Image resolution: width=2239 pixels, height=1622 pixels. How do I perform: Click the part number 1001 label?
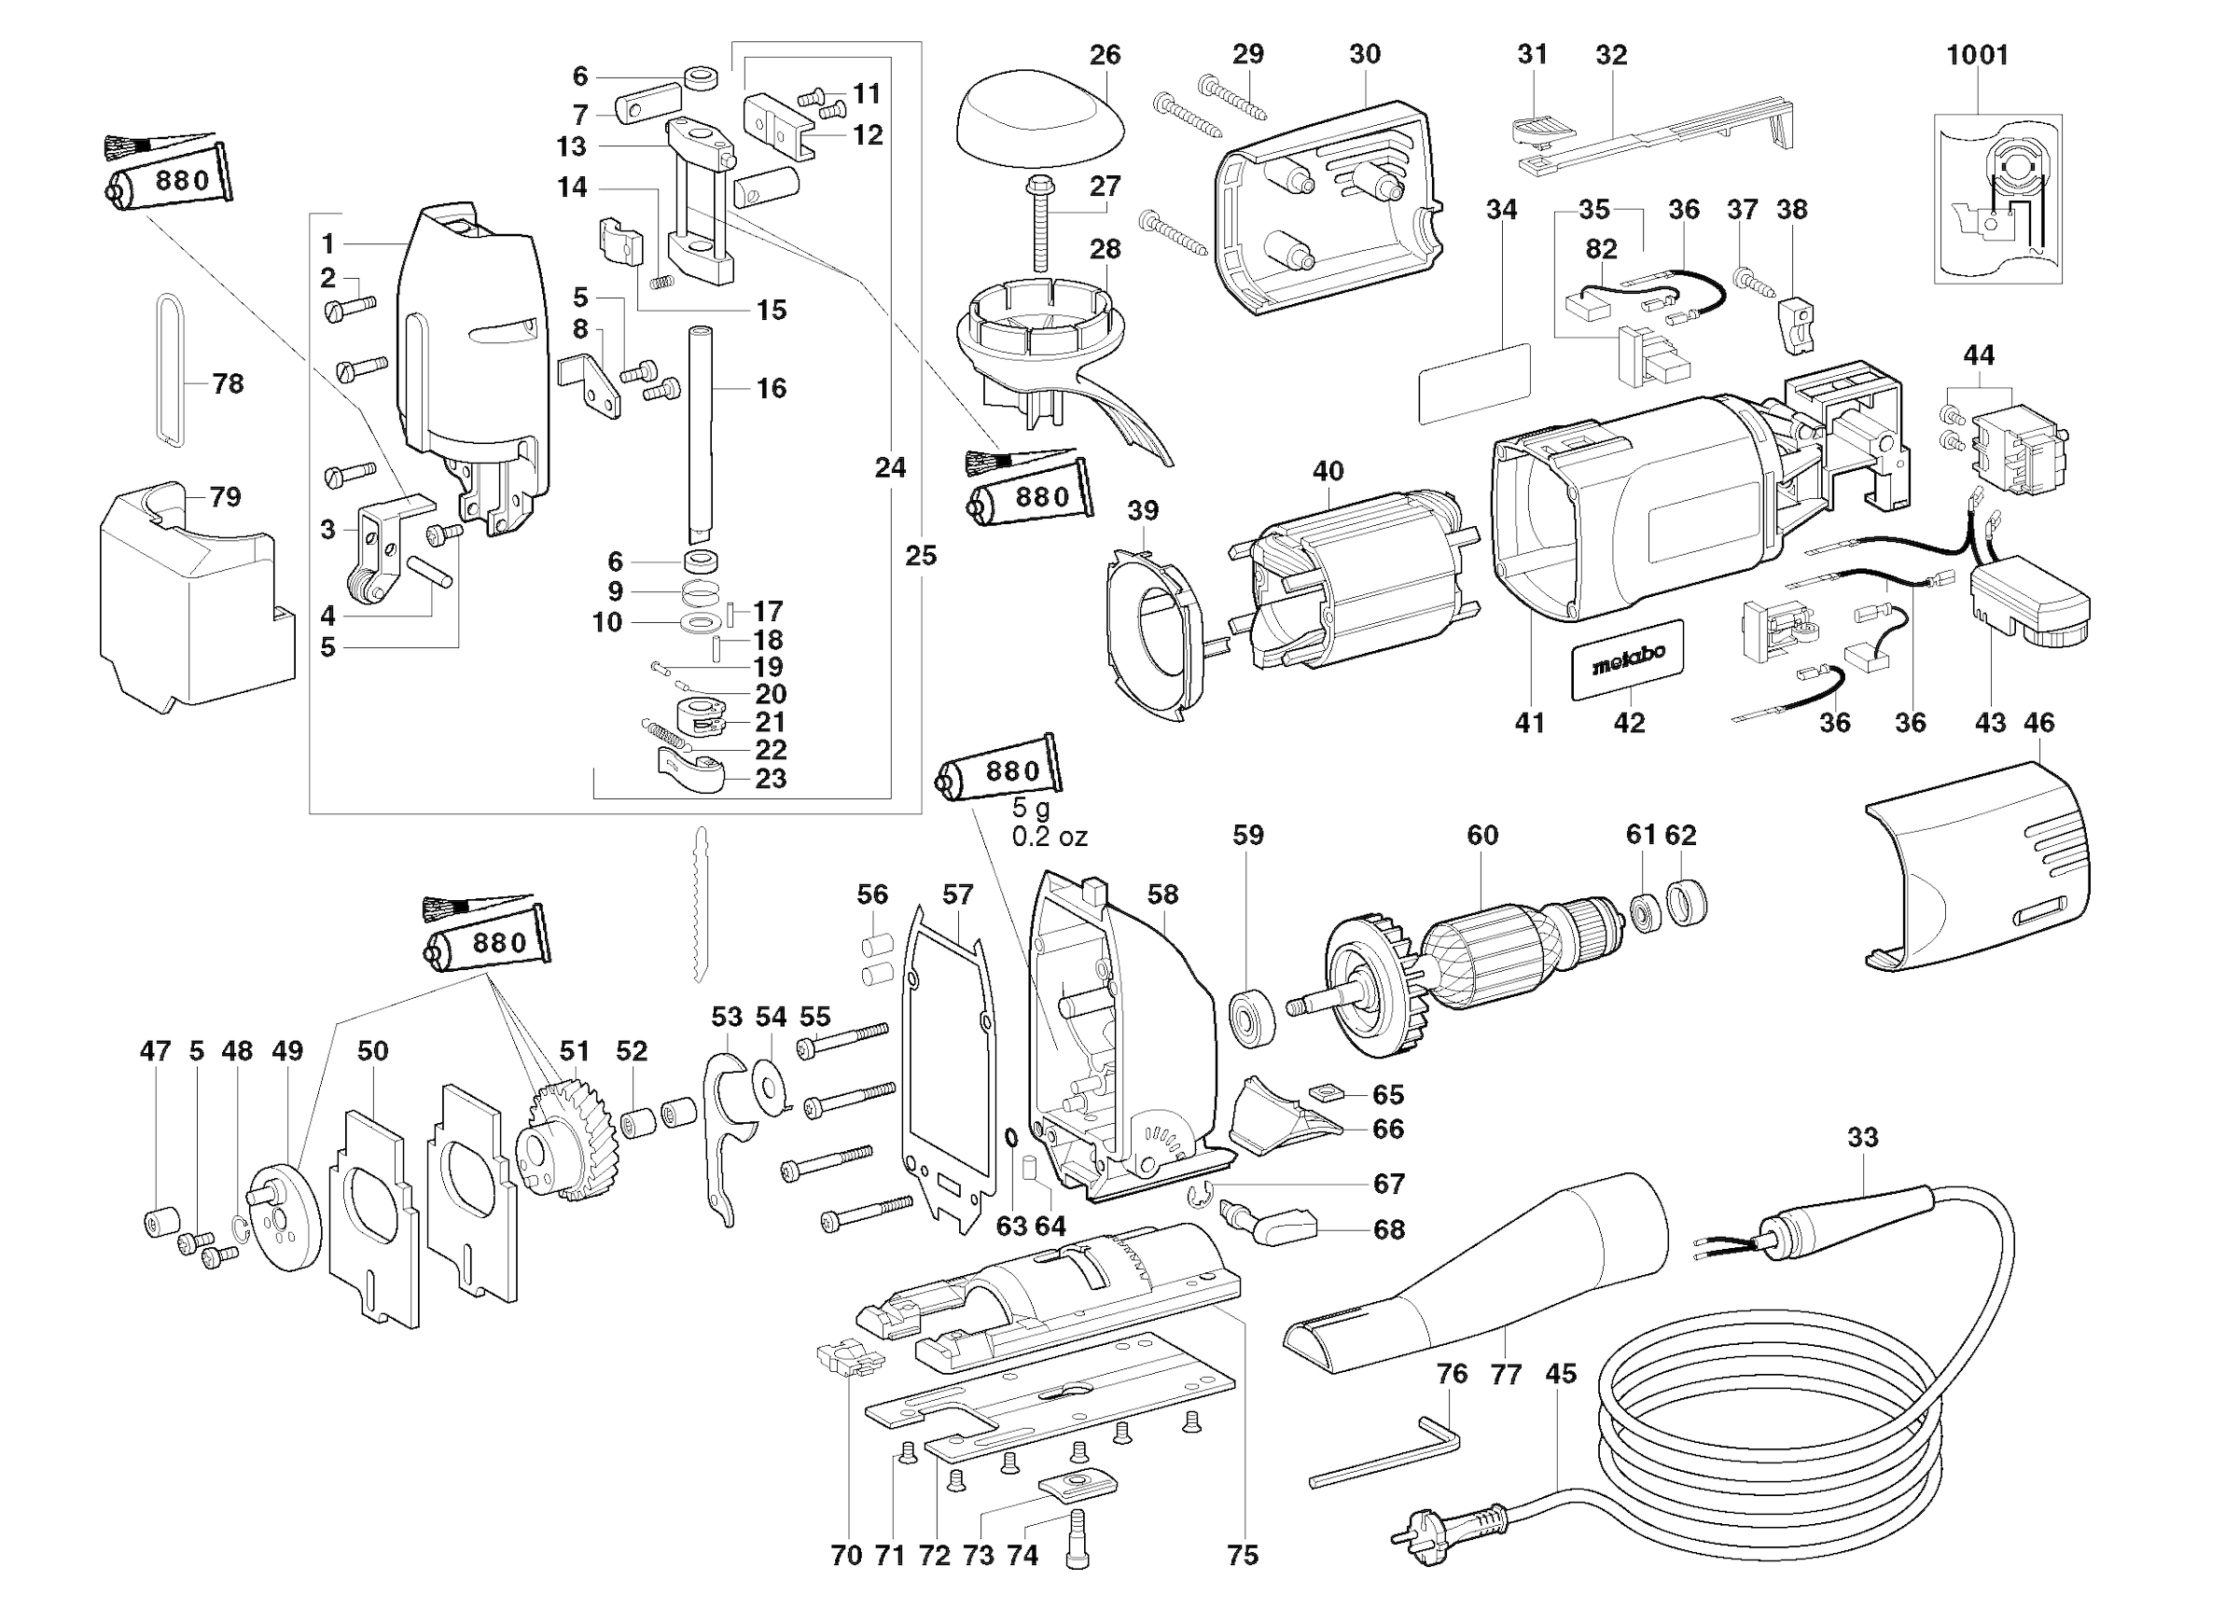tap(1977, 55)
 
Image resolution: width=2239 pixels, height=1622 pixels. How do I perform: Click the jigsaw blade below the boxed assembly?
tap(701, 903)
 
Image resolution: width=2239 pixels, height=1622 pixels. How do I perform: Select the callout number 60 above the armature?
tap(1481, 835)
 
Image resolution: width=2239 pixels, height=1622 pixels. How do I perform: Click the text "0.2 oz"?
tap(1050, 838)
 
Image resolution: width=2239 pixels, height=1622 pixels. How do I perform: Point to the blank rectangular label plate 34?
tap(1474, 383)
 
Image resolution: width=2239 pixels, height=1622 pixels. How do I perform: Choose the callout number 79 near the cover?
tap(225, 496)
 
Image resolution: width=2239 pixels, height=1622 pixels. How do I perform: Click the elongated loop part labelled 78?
tap(170, 370)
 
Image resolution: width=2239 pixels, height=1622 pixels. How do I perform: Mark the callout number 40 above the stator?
tap(1328, 471)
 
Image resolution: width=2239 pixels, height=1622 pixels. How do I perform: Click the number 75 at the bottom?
tap(1243, 1556)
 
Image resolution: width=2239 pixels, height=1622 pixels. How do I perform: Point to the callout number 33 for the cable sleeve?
tap(1862, 1137)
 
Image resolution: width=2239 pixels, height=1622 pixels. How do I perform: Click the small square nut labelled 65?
tap(1325, 1092)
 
